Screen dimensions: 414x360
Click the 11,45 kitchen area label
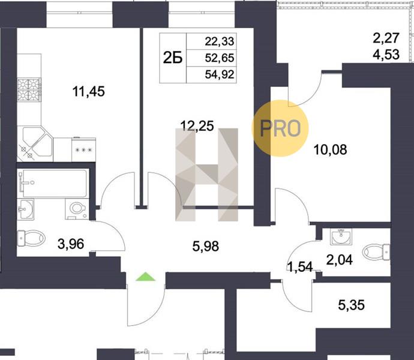tap(88, 92)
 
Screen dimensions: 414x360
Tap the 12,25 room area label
tap(197, 126)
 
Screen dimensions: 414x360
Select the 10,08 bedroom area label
tap(331, 150)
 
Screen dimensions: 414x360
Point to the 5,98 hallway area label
tap(206, 247)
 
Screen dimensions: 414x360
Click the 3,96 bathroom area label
tap(71, 244)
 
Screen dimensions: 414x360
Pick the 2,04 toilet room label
tap(340, 260)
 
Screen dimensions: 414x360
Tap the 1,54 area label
tap(300, 266)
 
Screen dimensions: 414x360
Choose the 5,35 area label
tap(352, 305)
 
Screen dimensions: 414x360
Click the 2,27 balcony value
tap(386, 38)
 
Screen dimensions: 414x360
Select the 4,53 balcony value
tap(386, 55)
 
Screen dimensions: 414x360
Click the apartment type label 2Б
tap(173, 58)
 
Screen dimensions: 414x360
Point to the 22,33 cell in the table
tap(220, 41)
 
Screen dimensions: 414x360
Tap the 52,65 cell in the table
tap(220, 58)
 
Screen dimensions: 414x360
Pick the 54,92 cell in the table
tap(220, 74)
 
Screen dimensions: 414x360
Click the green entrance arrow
tap(146, 277)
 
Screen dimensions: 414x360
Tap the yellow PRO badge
tap(280, 128)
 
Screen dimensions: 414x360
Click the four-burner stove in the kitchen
tap(29, 89)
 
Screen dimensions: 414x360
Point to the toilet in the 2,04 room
tap(377, 252)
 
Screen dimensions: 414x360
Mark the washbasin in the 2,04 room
tap(341, 236)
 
